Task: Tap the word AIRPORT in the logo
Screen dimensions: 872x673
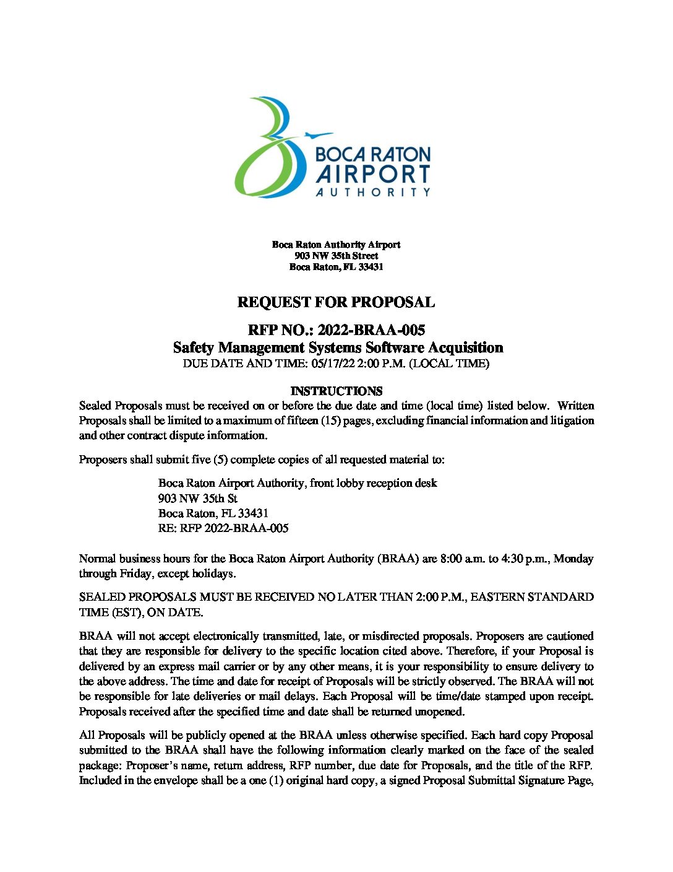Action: tap(373, 175)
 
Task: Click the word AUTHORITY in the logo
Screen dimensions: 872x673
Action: tap(373, 193)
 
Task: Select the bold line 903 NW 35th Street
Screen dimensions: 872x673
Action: tap(336, 256)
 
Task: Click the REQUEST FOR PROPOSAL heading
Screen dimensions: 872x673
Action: tap(336, 302)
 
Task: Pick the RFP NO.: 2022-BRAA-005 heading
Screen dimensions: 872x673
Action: tap(336, 330)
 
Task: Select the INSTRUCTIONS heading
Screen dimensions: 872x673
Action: tap(336, 391)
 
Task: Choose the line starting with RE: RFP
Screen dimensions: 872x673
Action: tap(223, 528)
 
